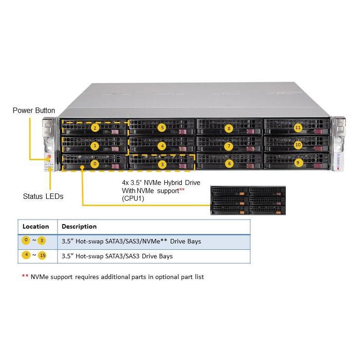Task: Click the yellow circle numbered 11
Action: click(x=297, y=128)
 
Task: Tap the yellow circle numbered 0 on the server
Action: click(x=94, y=164)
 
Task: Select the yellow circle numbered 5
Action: click(x=162, y=128)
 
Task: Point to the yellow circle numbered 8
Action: click(x=229, y=128)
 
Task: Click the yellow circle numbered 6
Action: click(x=229, y=164)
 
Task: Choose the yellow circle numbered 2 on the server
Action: click(x=94, y=128)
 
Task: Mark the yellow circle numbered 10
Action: click(x=297, y=145)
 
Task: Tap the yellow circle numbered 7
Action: click(x=229, y=146)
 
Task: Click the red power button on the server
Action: click(x=49, y=157)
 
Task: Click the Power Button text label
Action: click(x=34, y=111)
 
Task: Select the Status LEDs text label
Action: click(x=43, y=196)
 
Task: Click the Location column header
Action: click(x=36, y=226)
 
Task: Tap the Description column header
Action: click(x=79, y=226)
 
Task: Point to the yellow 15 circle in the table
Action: click(x=42, y=256)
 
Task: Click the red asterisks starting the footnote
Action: click(x=25, y=277)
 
